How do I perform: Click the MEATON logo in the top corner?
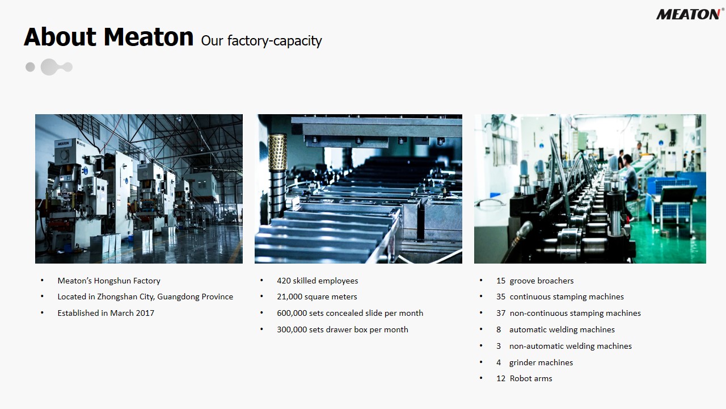689,14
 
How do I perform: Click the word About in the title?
60,37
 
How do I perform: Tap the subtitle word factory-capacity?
275,41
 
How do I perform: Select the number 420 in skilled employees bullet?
284,281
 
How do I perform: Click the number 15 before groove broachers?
501,281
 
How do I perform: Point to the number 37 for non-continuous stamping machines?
501,313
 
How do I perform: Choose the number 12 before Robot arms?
501,378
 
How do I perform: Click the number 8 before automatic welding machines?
499,329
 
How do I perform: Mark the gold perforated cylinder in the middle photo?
277,152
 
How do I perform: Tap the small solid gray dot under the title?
30,67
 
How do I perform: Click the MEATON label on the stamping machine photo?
63,143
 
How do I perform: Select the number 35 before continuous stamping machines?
501,297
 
